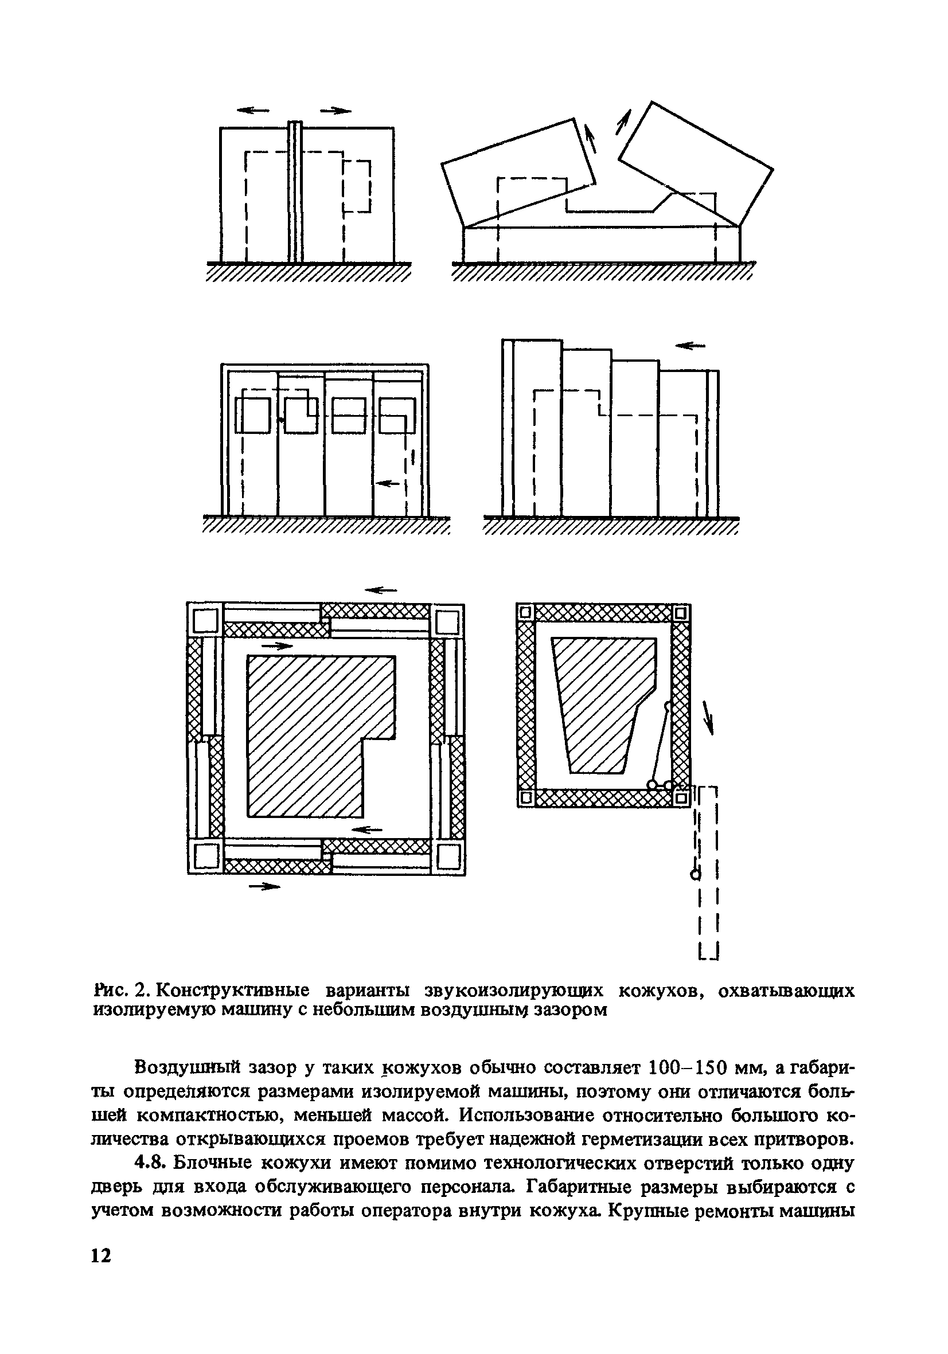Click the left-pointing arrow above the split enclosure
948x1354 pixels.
click(x=252, y=109)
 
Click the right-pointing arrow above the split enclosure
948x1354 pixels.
click(x=335, y=109)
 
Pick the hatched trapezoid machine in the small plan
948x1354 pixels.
click(x=602, y=702)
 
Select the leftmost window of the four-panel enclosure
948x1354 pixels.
click(x=253, y=415)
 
